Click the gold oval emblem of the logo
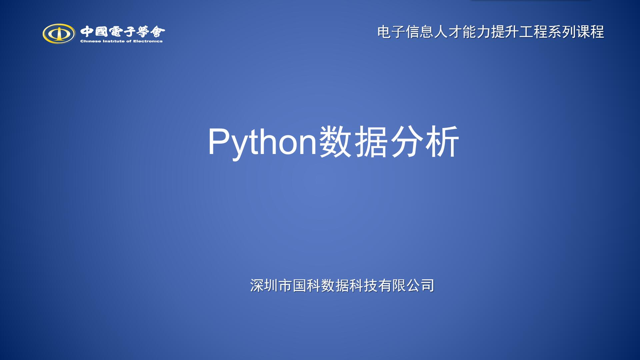pyautogui.click(x=59, y=33)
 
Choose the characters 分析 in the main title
pyautogui.click(x=424, y=142)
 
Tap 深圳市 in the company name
pyautogui.click(x=271, y=286)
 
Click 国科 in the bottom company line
pyautogui.click(x=306, y=286)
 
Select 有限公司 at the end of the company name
pyautogui.click(x=406, y=286)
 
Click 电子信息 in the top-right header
pyautogui.click(x=405, y=32)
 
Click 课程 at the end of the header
pyautogui.click(x=590, y=32)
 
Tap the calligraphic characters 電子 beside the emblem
pyautogui.click(x=123, y=32)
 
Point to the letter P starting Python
pyautogui.click(x=218, y=141)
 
